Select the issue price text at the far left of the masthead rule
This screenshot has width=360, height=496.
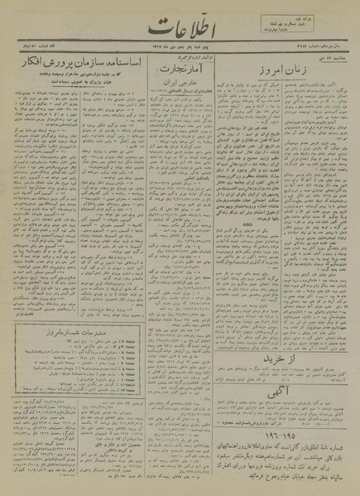coord(27,51)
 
